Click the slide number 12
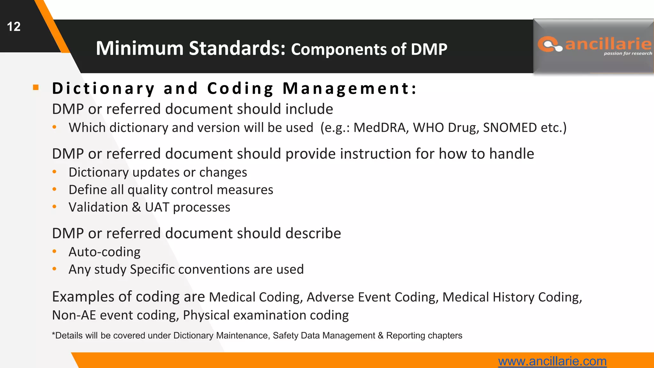[x=14, y=27]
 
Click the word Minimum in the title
[x=140, y=49]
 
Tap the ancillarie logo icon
[x=550, y=44]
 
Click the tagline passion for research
[x=627, y=53]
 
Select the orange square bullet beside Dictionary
[x=36, y=88]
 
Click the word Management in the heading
[x=350, y=88]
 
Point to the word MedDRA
[x=380, y=128]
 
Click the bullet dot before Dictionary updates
[x=55, y=172]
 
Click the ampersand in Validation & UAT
[x=136, y=207]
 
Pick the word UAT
[x=157, y=207]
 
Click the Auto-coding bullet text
[x=104, y=252]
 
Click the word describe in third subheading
[x=313, y=234]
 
